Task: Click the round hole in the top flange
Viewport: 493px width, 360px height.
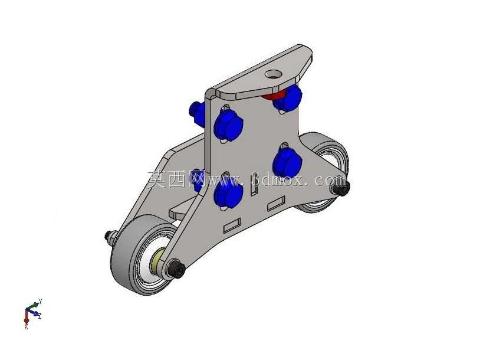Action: pyautogui.click(x=273, y=74)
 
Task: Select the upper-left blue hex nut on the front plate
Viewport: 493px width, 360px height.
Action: pyautogui.click(x=228, y=125)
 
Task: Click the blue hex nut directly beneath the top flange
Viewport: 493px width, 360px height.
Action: pyautogui.click(x=287, y=97)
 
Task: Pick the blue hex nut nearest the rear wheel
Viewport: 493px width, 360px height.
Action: pyautogui.click(x=287, y=163)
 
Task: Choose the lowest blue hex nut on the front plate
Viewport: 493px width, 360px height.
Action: pyautogui.click(x=228, y=193)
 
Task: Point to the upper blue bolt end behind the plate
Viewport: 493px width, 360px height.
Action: pyautogui.click(x=197, y=112)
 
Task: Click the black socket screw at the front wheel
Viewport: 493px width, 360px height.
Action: pyautogui.click(x=177, y=269)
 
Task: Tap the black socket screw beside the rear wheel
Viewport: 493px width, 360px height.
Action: pyautogui.click(x=340, y=188)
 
